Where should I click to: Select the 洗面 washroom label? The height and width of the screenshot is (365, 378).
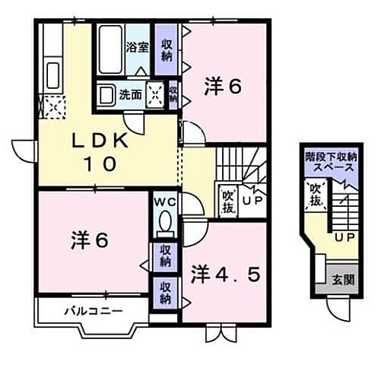pyautogui.click(x=130, y=95)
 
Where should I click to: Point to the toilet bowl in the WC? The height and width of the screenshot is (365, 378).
pyautogui.click(x=165, y=223)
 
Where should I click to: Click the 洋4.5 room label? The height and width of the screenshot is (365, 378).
pyautogui.click(x=225, y=271)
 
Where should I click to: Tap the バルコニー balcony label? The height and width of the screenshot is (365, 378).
pyautogui.click(x=93, y=310)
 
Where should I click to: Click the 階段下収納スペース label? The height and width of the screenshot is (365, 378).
pyautogui.click(x=329, y=161)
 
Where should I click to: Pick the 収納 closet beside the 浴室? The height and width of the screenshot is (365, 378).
pyautogui.click(x=167, y=49)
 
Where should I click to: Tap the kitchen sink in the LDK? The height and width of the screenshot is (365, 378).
pyautogui.click(x=53, y=77)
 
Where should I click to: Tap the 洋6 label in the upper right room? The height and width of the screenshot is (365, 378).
pyautogui.click(x=222, y=88)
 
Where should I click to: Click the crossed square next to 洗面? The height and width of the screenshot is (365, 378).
pyautogui.click(x=155, y=95)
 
